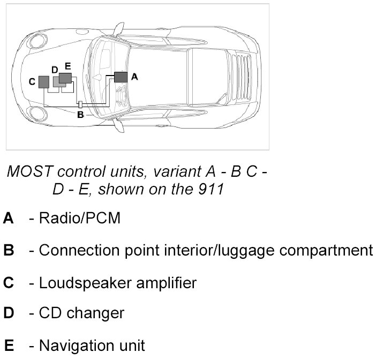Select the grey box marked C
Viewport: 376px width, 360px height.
[x=43, y=82]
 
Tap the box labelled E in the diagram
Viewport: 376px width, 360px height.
[x=65, y=78]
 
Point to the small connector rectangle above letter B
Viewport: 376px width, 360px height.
[x=80, y=104]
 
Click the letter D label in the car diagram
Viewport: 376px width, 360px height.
[x=55, y=70]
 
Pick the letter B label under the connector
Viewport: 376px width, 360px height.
[x=80, y=114]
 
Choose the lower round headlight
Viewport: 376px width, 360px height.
[x=36, y=112]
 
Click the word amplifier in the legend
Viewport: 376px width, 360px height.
[x=162, y=282]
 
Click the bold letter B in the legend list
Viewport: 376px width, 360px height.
[x=9, y=250]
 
